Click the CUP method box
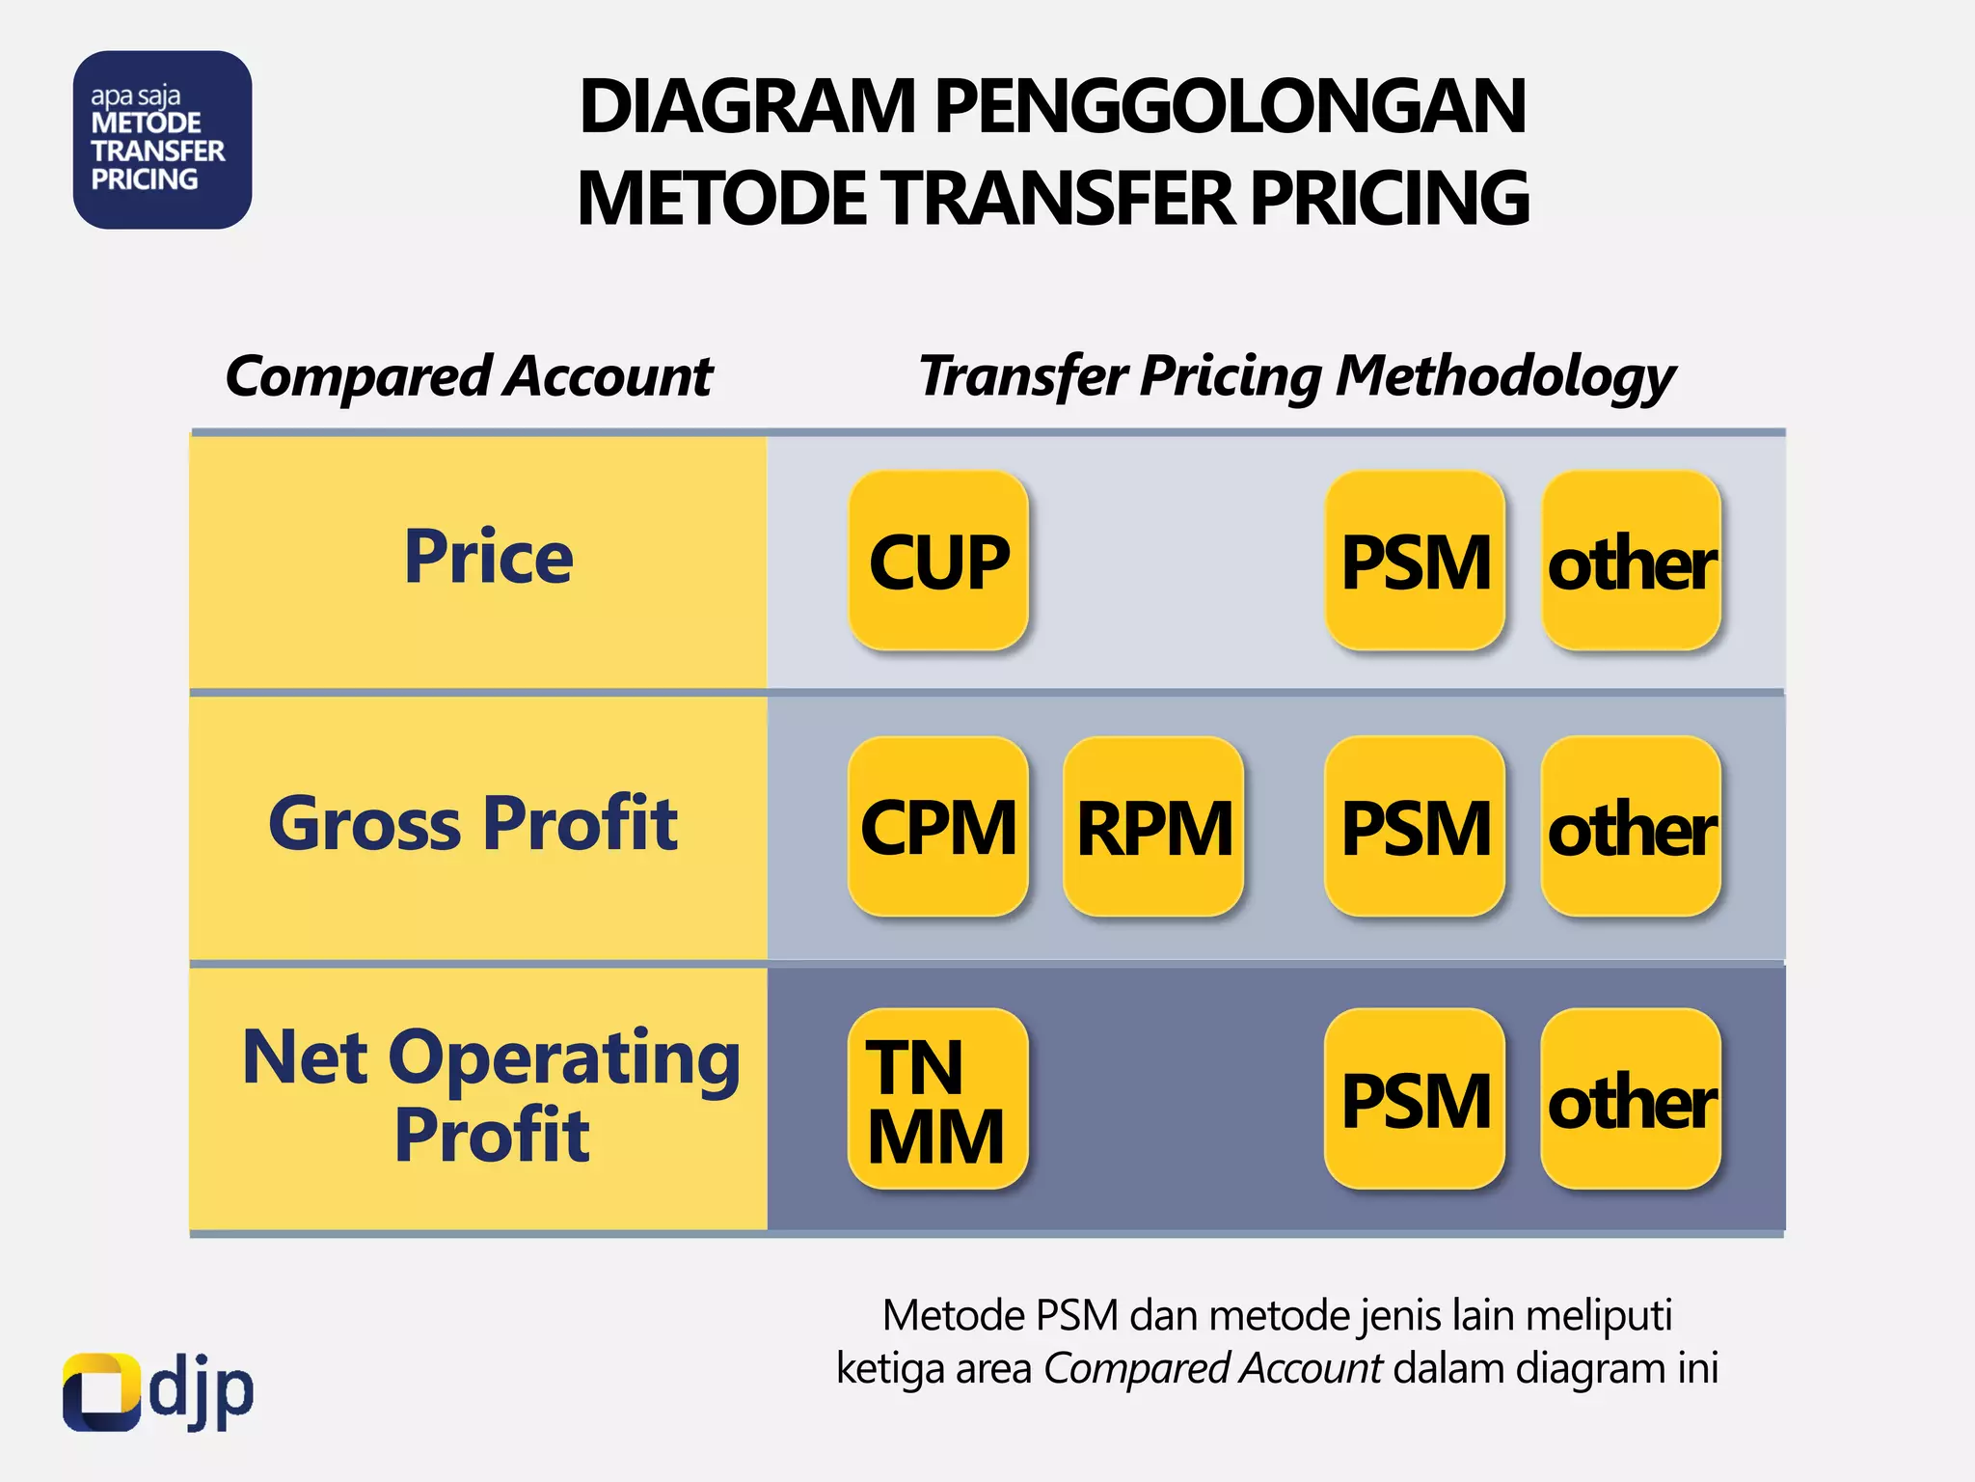point(938,561)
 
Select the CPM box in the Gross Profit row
point(938,827)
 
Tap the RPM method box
point(1153,827)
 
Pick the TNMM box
point(938,1099)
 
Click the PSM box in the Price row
point(1415,561)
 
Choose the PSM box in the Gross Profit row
point(1415,827)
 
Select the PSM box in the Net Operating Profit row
point(1415,1099)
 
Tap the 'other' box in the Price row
point(1632,561)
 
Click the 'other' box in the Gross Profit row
point(1632,827)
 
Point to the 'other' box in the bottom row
point(1632,1099)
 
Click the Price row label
point(488,559)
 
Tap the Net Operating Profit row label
point(491,1096)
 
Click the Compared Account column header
point(469,376)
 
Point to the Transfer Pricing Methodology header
point(1297,376)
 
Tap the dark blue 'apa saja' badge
point(162,140)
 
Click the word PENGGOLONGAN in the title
point(1231,106)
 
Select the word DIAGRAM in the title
point(747,106)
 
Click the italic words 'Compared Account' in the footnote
point(1213,1369)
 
